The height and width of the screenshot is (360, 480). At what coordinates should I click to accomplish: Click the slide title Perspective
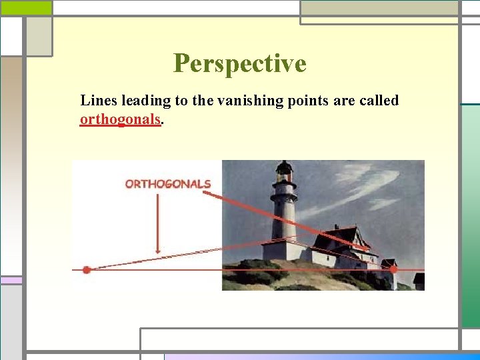239,63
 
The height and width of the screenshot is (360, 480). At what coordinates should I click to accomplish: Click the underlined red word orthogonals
120,119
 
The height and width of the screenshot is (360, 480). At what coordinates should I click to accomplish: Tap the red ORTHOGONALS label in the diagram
168,184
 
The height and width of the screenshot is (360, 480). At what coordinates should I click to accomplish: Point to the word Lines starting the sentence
97,101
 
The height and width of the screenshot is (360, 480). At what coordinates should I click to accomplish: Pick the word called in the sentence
378,101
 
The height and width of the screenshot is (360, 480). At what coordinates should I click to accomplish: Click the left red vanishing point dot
86,270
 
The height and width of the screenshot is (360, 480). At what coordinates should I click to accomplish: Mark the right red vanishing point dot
393,269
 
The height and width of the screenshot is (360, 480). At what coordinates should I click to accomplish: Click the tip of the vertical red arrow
157,253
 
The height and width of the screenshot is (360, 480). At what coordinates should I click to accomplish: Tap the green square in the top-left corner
26,8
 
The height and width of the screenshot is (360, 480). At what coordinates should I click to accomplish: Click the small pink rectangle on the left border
11,281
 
